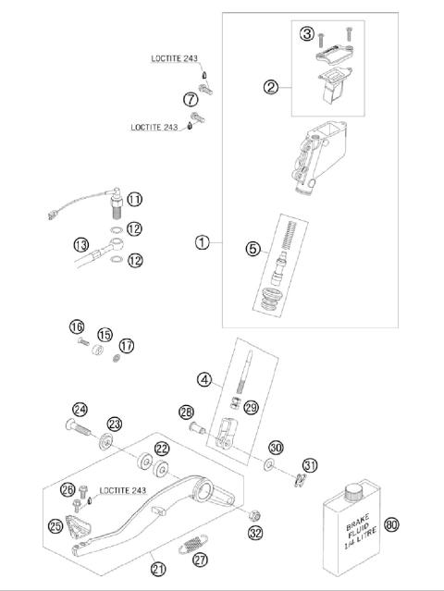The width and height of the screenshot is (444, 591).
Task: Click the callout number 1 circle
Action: [x=202, y=242]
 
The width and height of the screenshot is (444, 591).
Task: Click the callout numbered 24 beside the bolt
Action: [x=80, y=409]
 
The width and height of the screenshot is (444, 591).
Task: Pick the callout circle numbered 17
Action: [x=127, y=345]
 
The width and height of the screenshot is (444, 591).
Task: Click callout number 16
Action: [x=77, y=326]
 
